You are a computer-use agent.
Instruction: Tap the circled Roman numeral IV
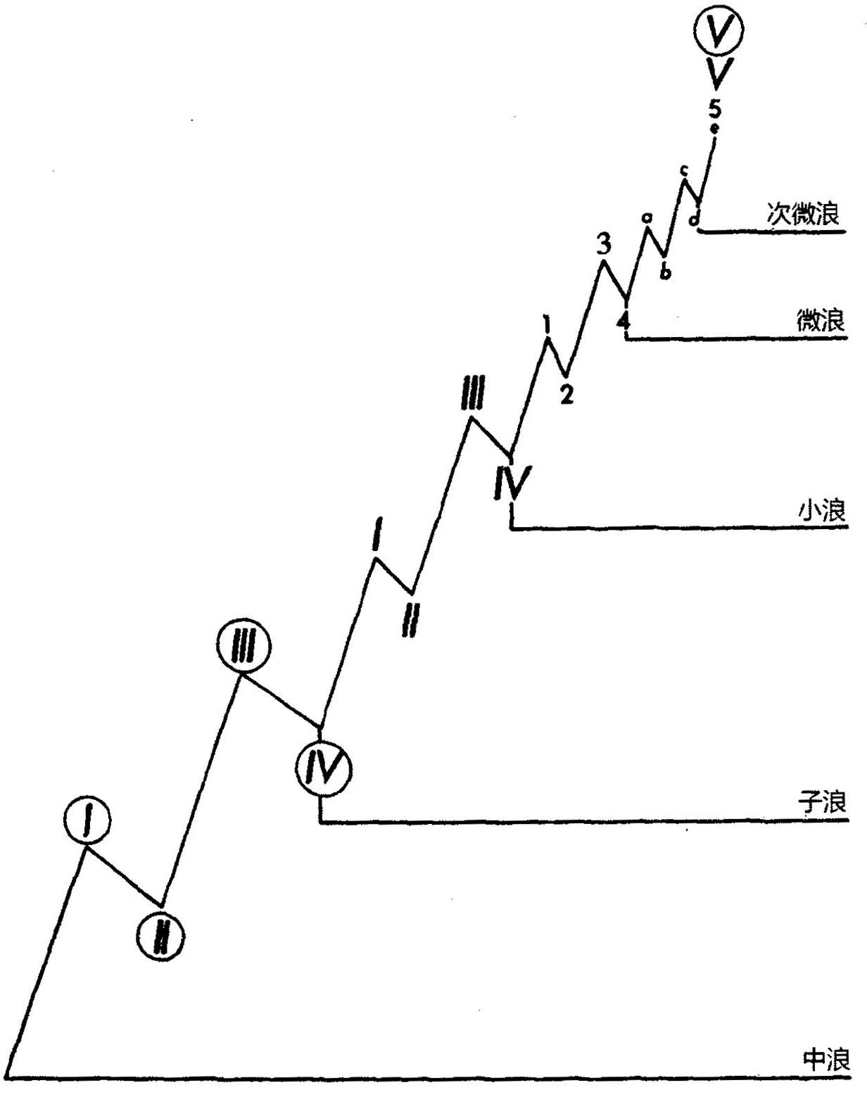tap(323, 769)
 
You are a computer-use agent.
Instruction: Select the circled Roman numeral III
tap(243, 646)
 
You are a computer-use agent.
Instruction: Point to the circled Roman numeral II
tap(161, 937)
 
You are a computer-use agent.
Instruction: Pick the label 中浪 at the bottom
tap(826, 1059)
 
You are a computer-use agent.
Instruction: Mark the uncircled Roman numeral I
tap(377, 534)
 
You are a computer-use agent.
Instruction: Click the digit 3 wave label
tap(603, 245)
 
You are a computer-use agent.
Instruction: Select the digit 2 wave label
tap(567, 395)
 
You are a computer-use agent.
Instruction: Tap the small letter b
tap(664, 272)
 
